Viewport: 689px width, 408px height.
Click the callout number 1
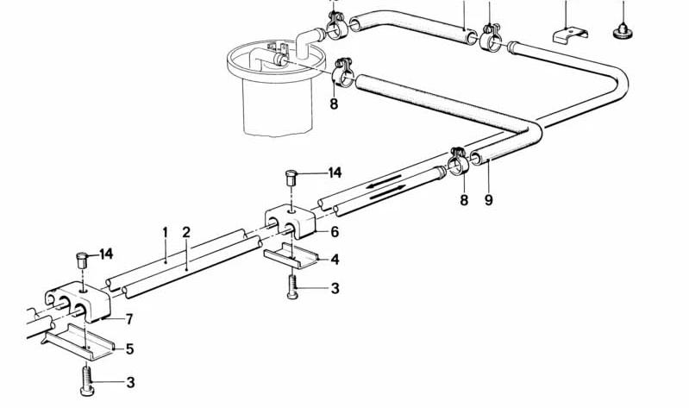[166, 233]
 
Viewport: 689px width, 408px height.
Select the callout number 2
[186, 233]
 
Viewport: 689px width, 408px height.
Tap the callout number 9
[489, 200]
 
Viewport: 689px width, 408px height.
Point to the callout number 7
[129, 319]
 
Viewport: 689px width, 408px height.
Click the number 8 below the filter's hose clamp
[334, 104]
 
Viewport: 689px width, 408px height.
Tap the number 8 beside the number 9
[464, 200]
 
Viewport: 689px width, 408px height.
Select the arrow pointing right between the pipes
[387, 192]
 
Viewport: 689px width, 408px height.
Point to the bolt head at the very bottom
[87, 391]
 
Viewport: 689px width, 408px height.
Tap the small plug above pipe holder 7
[82, 260]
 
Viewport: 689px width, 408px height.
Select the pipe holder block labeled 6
[290, 222]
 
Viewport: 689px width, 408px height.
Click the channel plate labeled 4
[291, 256]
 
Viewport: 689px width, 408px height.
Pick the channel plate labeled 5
[78, 342]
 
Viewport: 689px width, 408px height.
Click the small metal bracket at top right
[570, 35]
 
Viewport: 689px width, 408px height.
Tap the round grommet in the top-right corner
[623, 32]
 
